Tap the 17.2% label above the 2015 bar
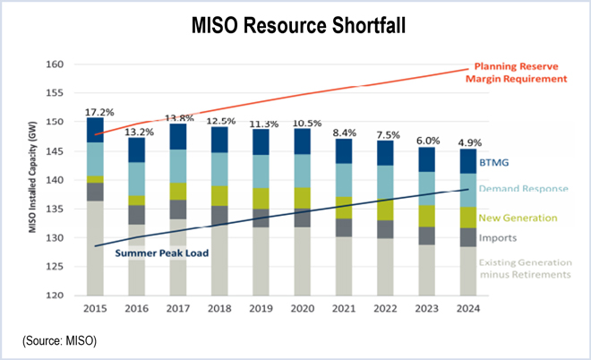[x=98, y=112]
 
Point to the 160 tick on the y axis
[x=56, y=64]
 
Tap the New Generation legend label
[x=517, y=218]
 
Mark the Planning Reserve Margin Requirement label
[x=520, y=73]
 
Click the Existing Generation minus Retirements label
[x=525, y=268]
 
